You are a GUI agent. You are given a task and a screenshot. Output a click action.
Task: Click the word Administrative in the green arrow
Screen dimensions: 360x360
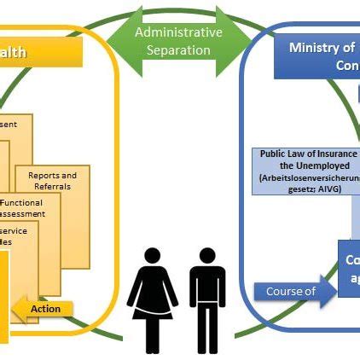(178, 32)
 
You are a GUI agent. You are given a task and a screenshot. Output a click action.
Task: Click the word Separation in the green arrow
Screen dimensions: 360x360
(178, 50)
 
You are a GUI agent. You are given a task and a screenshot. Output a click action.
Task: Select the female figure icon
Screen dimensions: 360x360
(153, 299)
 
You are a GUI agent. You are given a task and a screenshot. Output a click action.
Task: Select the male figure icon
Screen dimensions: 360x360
(207, 299)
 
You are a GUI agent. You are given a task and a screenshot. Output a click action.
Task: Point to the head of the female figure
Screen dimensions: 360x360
(153, 256)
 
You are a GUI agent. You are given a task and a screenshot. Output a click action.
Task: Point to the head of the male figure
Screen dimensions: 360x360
(207, 256)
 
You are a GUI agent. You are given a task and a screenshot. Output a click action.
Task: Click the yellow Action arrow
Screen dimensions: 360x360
(44, 309)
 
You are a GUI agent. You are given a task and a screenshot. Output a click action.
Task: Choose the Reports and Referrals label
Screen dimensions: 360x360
(52, 181)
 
